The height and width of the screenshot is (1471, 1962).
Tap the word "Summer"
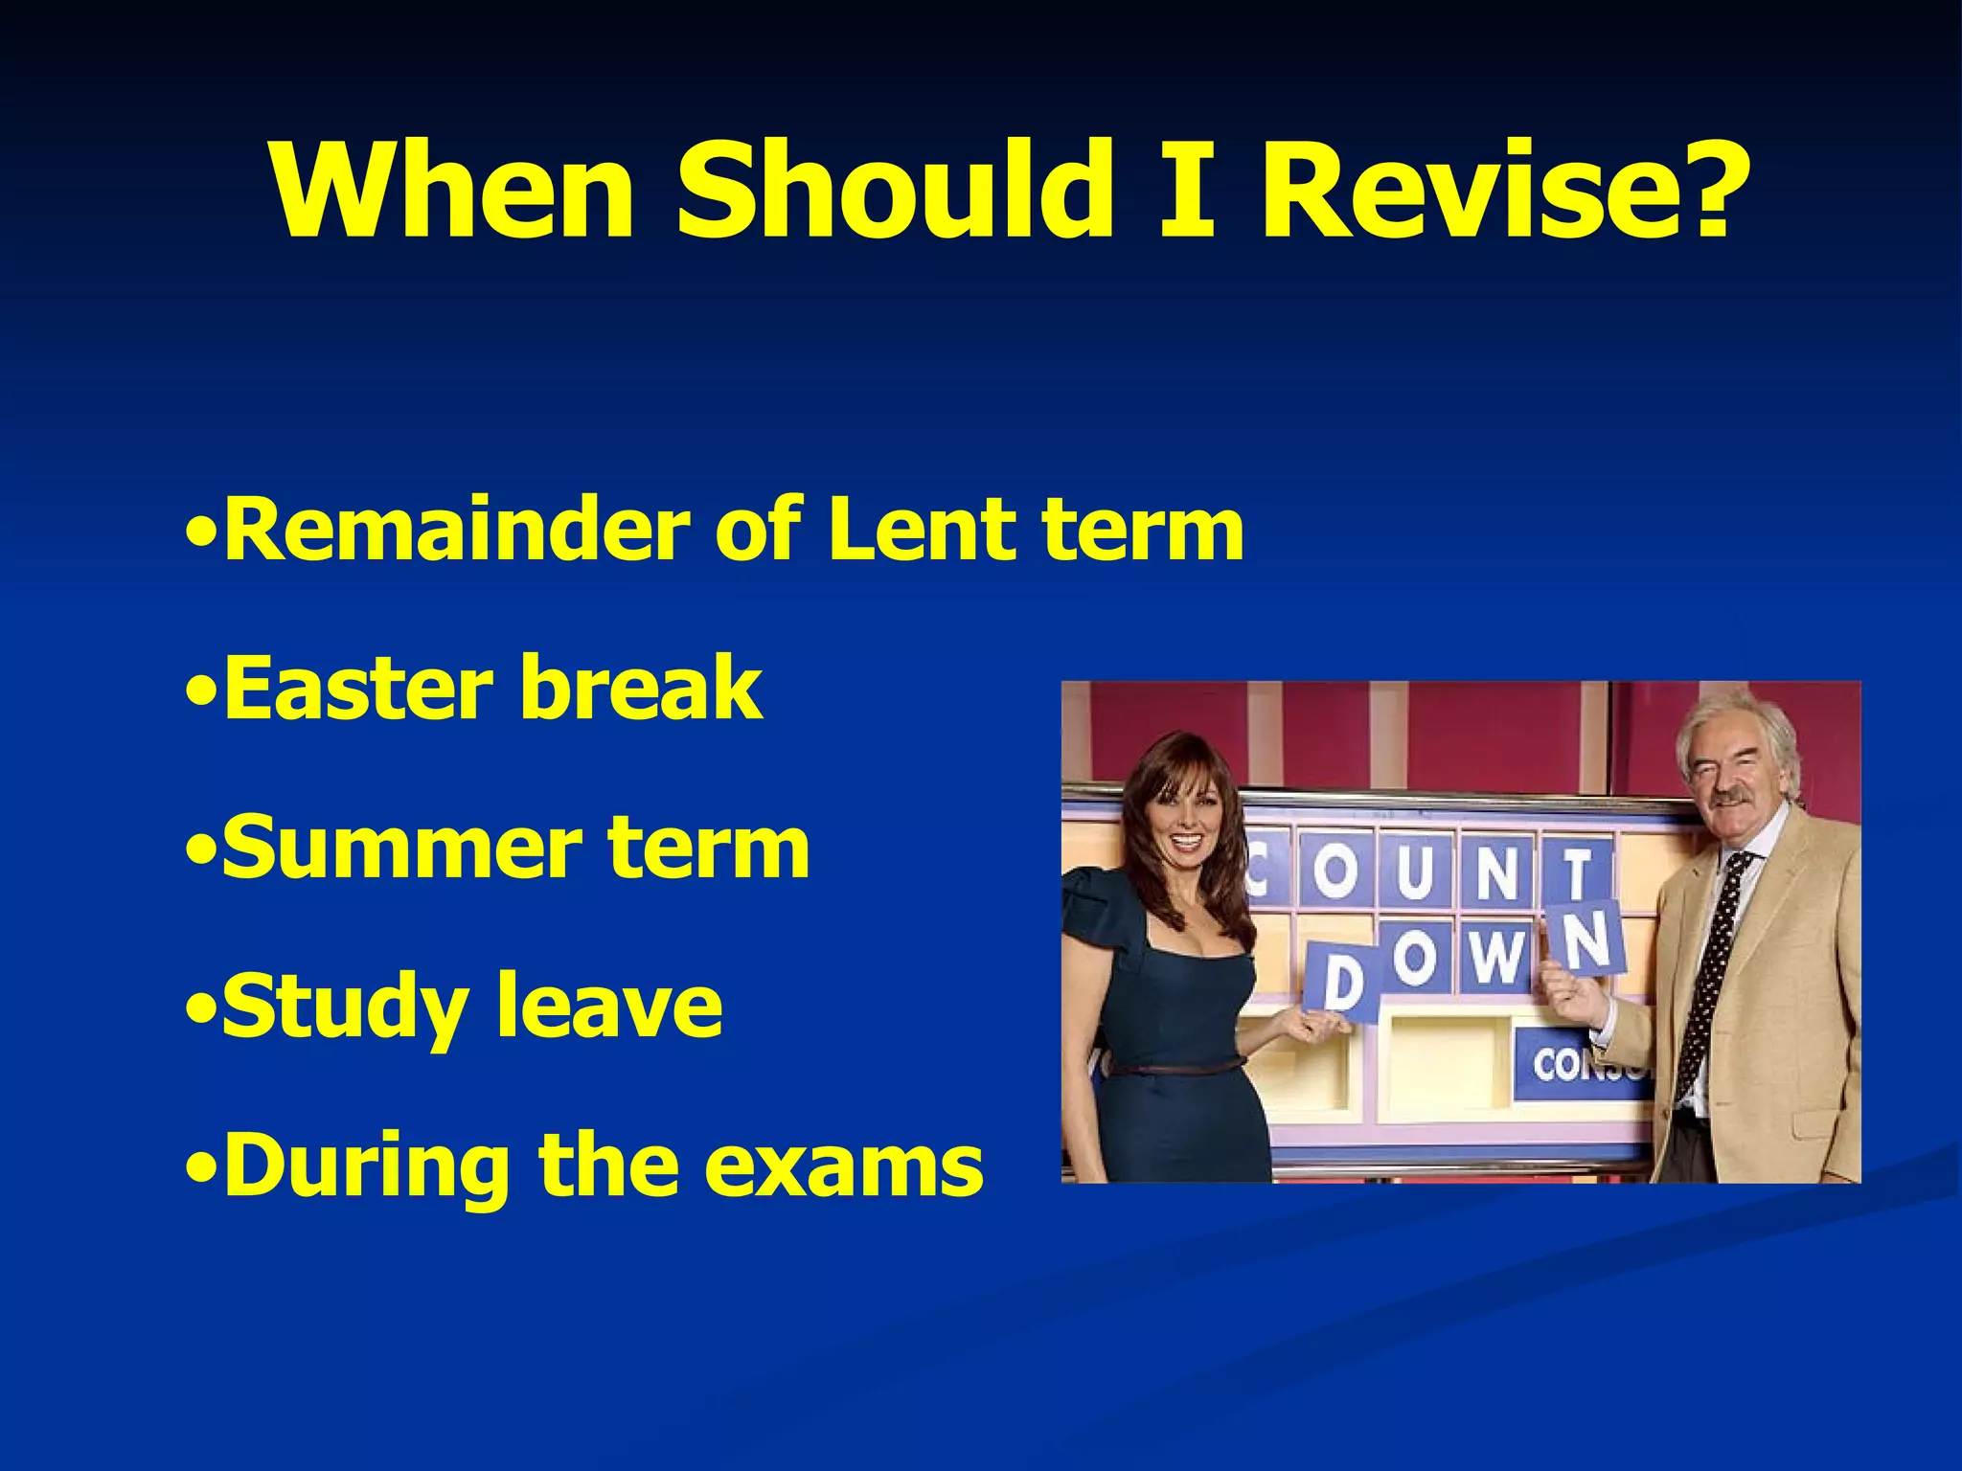pyautogui.click(x=401, y=848)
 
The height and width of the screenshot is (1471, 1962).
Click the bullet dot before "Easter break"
pyautogui.click(x=200, y=690)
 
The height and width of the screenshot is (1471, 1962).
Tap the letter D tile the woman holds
pyautogui.click(x=1342, y=981)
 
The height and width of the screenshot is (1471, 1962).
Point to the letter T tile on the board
pyautogui.click(x=1576, y=872)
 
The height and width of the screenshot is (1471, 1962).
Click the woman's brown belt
pyautogui.click(x=1178, y=1067)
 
